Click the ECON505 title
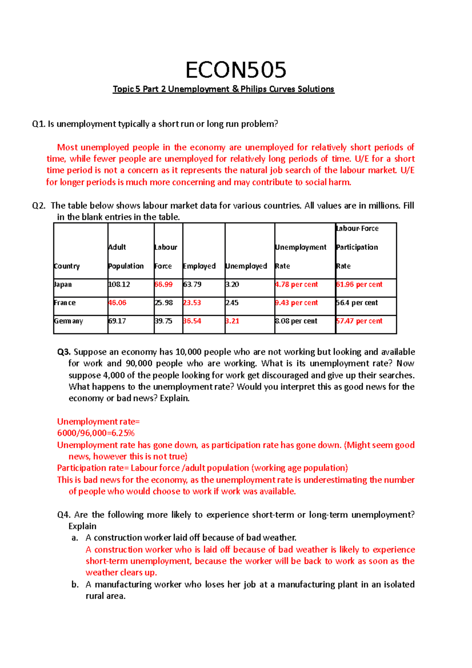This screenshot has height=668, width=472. tap(236, 70)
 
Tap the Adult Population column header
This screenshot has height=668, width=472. tap(125, 256)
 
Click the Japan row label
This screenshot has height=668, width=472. tap(63, 284)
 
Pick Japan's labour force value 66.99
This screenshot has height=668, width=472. tap(164, 284)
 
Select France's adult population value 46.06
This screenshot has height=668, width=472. tap(117, 303)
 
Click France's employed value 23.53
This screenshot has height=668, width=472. tap(192, 303)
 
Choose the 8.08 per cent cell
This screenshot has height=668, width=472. tap(296, 321)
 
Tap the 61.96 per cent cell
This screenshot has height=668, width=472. tap(359, 284)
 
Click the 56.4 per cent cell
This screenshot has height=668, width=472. tap(357, 303)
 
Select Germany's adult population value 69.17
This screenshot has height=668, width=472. tap(117, 321)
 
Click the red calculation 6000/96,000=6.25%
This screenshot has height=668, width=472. tap(96, 433)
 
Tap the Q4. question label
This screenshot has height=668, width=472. tap(64, 515)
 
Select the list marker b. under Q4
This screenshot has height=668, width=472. tap(75, 584)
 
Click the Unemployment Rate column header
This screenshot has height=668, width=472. tap(301, 256)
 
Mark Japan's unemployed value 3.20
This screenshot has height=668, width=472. tap(232, 284)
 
